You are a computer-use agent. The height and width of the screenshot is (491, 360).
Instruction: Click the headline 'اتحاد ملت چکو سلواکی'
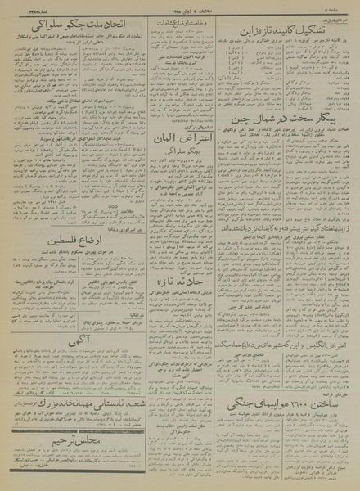(65, 31)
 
